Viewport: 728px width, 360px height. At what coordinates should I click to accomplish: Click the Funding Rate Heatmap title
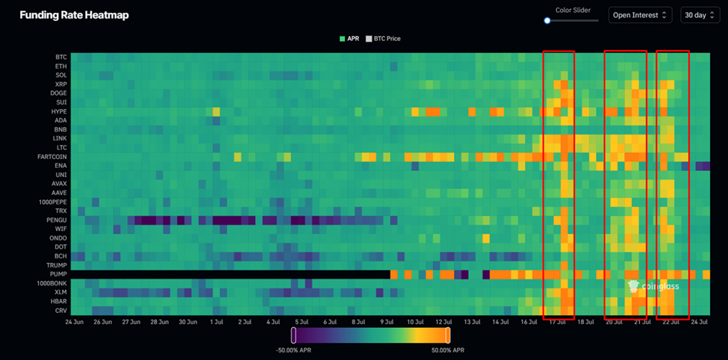tap(74, 15)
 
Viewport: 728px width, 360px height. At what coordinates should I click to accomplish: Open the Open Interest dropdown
tap(640, 15)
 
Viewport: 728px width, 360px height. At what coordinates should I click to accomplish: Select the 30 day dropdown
tap(699, 15)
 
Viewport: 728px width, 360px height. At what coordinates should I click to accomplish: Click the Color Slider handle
tap(547, 21)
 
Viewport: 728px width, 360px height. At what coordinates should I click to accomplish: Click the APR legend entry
tap(349, 38)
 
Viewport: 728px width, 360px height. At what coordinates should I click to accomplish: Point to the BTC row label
tap(60, 57)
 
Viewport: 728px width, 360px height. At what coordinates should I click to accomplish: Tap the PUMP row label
tap(58, 274)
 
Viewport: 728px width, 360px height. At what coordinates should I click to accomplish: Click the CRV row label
tap(60, 311)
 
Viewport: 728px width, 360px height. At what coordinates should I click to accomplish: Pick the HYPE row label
tap(58, 111)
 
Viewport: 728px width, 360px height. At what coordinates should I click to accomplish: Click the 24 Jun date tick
tap(74, 322)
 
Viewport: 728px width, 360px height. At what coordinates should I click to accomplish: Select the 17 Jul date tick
tap(556, 322)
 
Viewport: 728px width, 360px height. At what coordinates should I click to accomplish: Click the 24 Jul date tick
tap(699, 322)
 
